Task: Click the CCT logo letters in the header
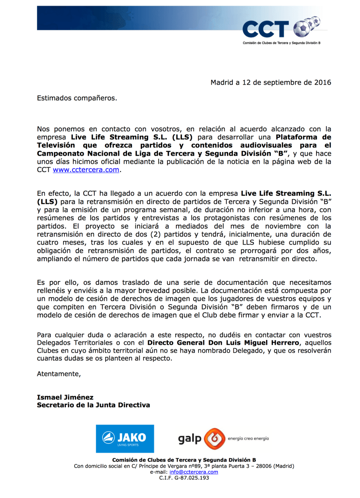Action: (265, 29)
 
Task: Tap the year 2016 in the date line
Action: (322, 83)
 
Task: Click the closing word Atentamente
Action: (59, 373)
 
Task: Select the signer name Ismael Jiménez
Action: (65, 397)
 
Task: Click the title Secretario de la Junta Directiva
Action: (94, 405)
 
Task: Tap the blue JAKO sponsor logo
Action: (125, 439)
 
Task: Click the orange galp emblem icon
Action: (214, 439)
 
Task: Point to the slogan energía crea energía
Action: (248, 439)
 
